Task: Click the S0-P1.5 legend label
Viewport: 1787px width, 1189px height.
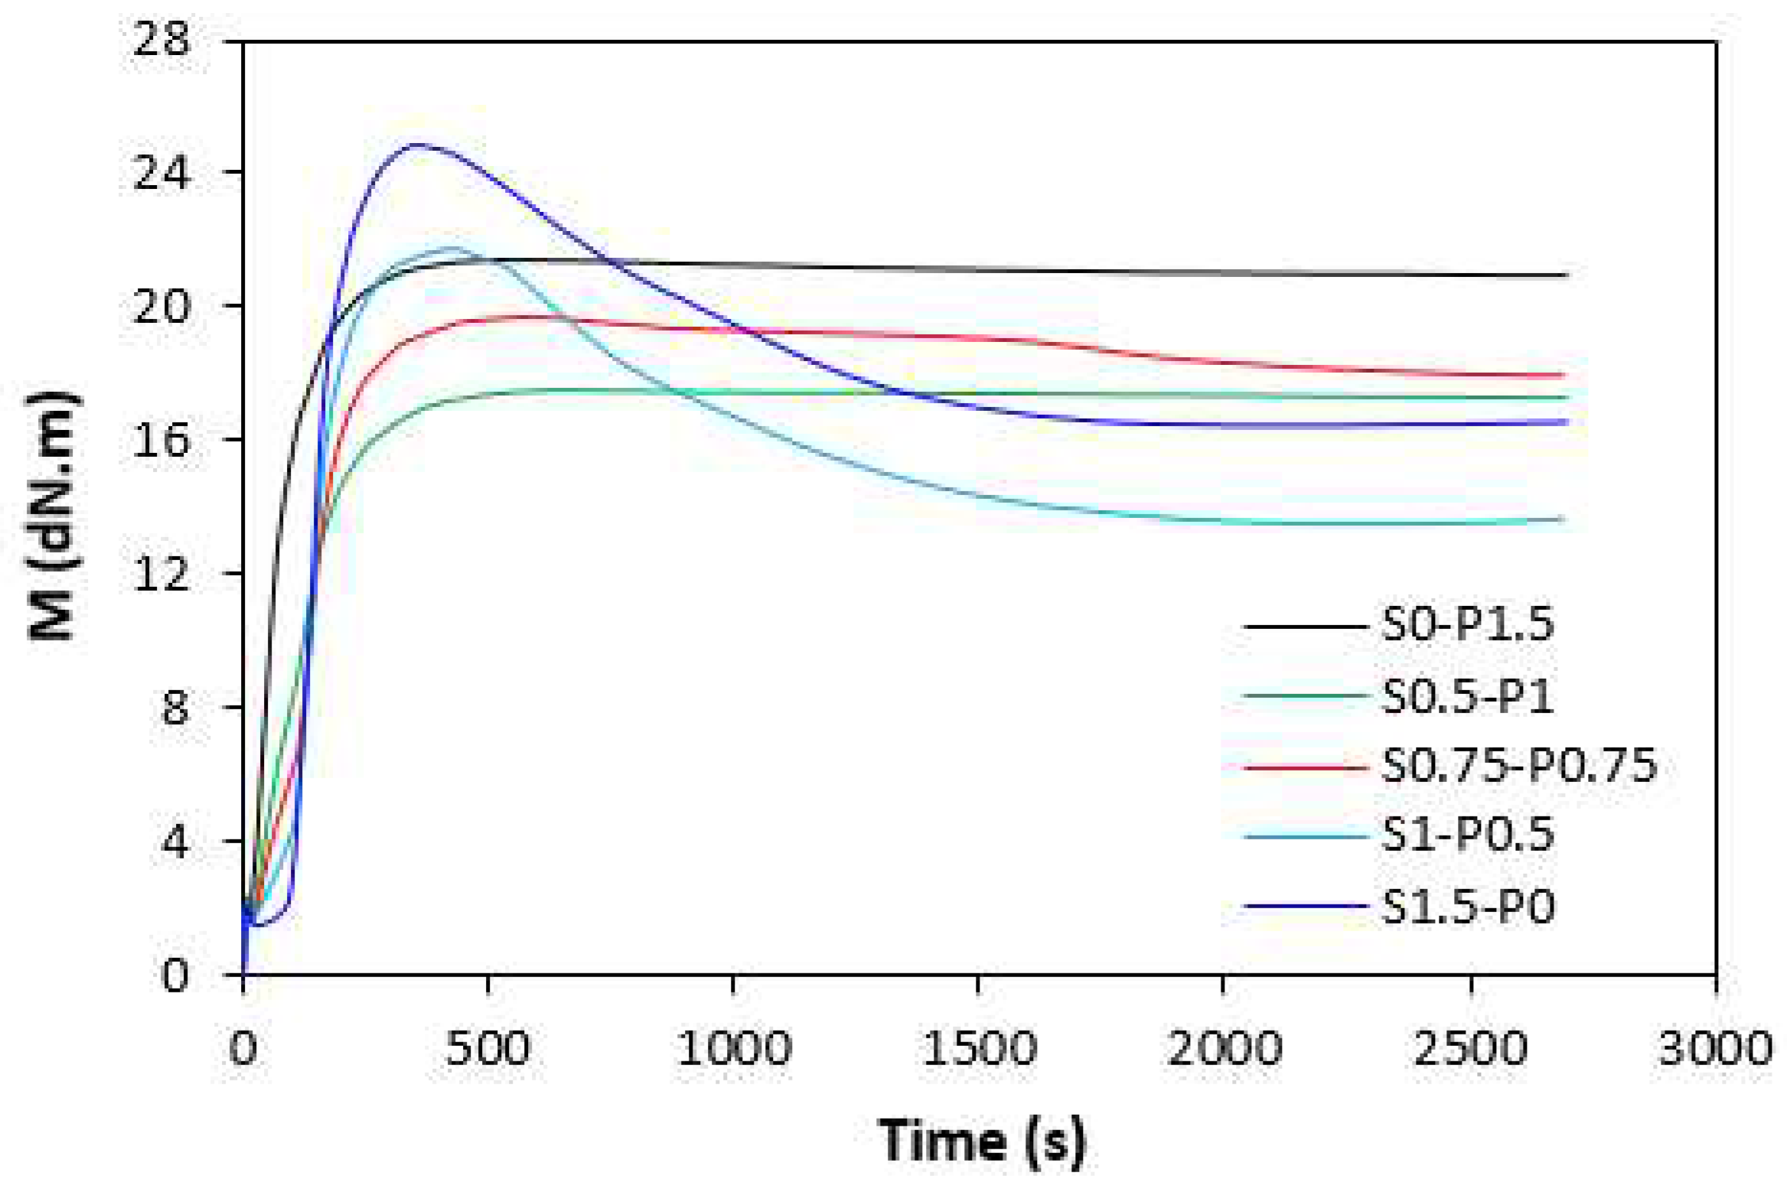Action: (1467, 625)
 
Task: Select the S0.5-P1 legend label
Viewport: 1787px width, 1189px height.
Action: (1467, 696)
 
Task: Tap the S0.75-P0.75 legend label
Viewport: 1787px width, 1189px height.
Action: (1518, 765)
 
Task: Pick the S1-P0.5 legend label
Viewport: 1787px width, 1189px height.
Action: (1467, 835)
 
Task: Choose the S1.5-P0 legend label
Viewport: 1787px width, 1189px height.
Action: (1467, 907)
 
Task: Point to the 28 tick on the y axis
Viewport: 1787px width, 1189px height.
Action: (161, 38)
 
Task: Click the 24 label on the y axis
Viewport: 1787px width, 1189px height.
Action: (161, 173)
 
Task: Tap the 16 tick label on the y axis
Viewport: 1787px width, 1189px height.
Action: (161, 440)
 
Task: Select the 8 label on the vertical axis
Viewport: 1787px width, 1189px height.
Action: (174, 707)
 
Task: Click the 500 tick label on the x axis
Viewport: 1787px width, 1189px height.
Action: (488, 1048)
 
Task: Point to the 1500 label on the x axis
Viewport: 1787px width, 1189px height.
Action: (979, 1048)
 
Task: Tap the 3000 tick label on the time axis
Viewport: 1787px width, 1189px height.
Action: (1714, 1048)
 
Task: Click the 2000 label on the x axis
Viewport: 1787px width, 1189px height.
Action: (1224, 1048)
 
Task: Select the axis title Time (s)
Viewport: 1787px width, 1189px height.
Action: (981, 1140)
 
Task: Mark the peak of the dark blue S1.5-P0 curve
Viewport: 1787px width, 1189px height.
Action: (417, 144)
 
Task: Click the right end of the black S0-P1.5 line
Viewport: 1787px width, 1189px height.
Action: (1567, 275)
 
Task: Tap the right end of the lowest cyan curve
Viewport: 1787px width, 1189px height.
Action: (1564, 520)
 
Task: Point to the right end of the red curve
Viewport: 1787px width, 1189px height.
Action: (1566, 375)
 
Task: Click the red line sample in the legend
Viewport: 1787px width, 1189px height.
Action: (1306, 766)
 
